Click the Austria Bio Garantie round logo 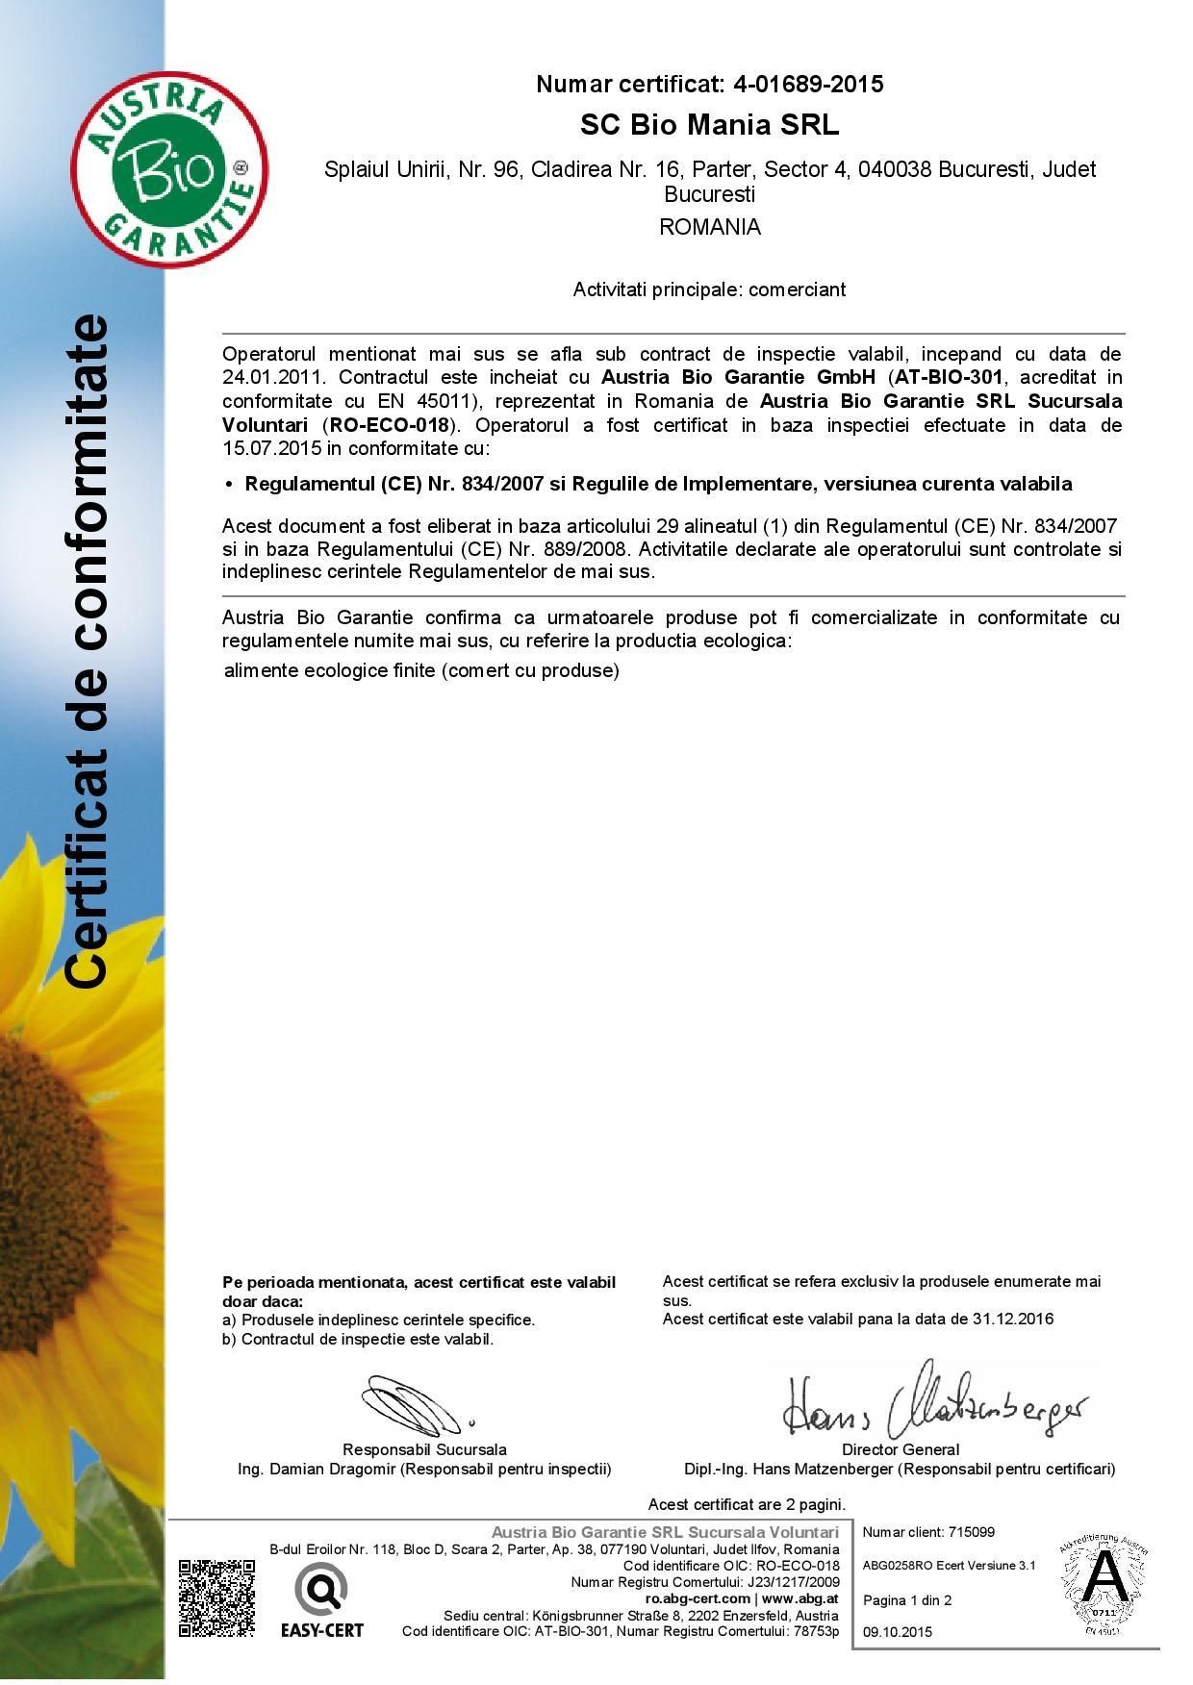pyautogui.click(x=169, y=169)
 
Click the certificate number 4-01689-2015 pyautogui.click(x=808, y=85)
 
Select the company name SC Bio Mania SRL pyautogui.click(x=709, y=126)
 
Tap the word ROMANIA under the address pyautogui.click(x=709, y=228)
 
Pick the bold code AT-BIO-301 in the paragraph pyautogui.click(x=949, y=377)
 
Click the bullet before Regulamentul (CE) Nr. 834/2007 pyautogui.click(x=229, y=485)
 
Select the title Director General pyautogui.click(x=901, y=1449)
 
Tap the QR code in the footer pyautogui.click(x=216, y=1597)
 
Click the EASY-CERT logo pyautogui.click(x=322, y=1600)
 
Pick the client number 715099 pyautogui.click(x=971, y=1532)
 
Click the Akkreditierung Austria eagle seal pyautogui.click(x=1106, y=1587)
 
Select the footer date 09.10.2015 pyautogui.click(x=898, y=1631)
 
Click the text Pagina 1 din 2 pyautogui.click(x=907, y=1600)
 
